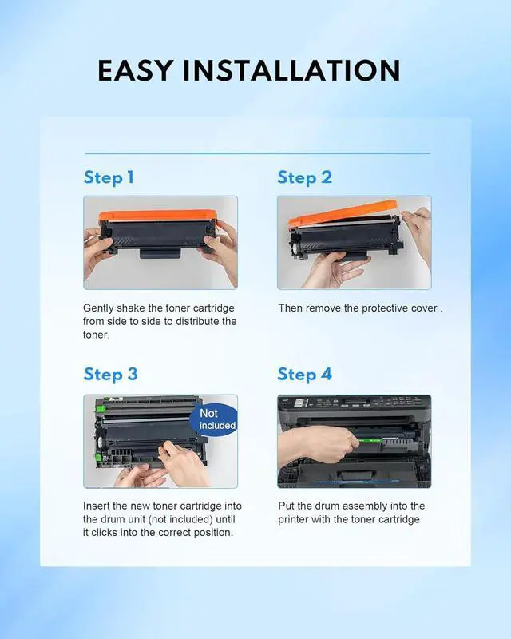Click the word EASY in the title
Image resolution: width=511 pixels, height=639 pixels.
coord(135,71)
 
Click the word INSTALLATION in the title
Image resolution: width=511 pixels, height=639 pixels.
coord(291,71)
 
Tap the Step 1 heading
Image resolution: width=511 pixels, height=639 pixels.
coord(109,177)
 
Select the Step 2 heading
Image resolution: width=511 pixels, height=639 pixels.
coord(305,177)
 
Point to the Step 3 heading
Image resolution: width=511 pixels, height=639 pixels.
coord(111,375)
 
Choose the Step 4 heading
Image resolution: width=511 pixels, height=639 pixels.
coord(305,375)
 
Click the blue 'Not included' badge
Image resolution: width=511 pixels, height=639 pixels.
coord(214,420)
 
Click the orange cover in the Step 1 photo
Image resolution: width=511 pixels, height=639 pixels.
coord(158,215)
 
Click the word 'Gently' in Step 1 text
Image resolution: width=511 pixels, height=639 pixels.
coord(98,308)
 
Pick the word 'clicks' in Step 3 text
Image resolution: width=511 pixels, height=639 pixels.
coord(104,532)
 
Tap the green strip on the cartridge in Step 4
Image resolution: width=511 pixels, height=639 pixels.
coord(370,441)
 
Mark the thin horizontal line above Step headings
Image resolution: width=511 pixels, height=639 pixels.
coord(257,153)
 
